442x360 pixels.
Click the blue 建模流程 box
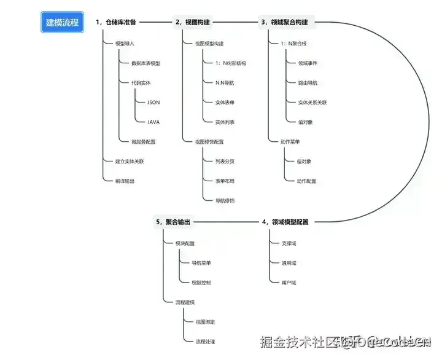63,22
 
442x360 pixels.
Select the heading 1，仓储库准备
116,22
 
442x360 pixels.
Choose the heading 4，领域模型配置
285,221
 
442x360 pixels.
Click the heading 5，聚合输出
177,221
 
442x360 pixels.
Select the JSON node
153,102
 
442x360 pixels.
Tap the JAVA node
153,122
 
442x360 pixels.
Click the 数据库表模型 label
145,63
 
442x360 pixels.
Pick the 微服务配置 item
143,141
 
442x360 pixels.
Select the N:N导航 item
225,83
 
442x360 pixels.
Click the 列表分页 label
225,162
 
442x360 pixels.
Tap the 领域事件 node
308,63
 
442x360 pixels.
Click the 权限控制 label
201,282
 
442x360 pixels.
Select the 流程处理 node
205,341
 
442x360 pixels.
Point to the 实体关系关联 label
312,102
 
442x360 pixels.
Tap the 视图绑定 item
205,321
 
